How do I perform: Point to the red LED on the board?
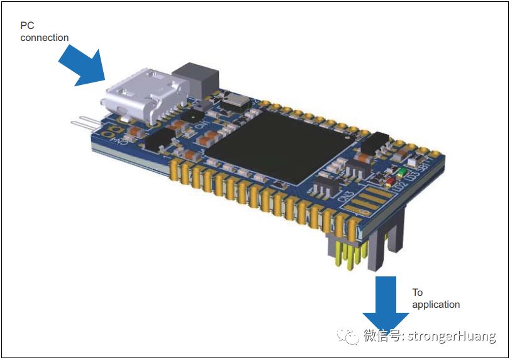[389, 183]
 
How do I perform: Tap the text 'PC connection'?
[44, 31]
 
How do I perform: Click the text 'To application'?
[436, 298]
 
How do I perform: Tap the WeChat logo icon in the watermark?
[348, 336]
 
